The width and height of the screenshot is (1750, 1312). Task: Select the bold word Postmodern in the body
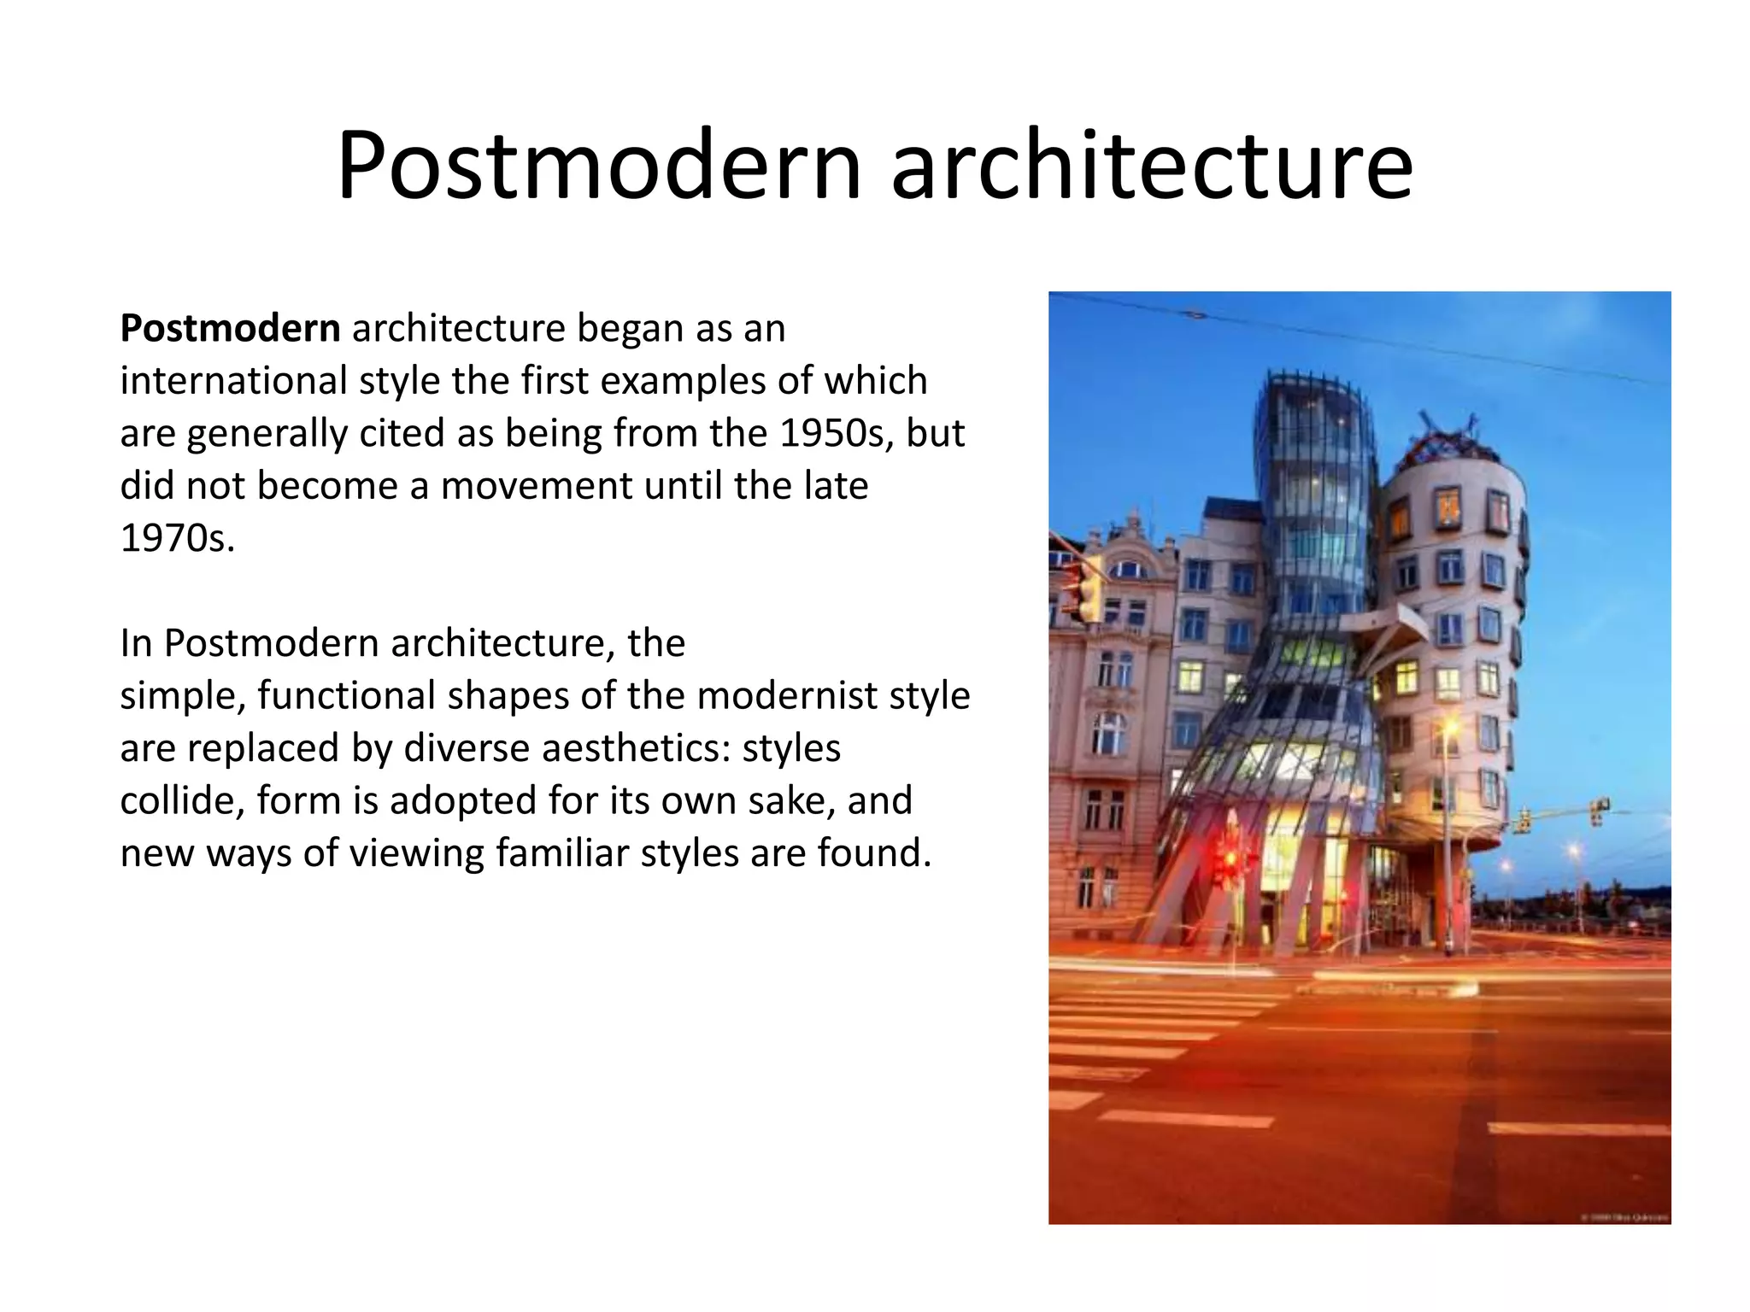(230, 329)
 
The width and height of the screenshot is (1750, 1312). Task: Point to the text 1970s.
(177, 539)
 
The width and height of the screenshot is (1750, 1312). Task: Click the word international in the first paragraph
(232, 381)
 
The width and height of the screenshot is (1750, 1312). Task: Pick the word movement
(536, 486)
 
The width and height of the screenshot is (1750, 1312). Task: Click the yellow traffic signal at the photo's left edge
(1083, 589)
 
